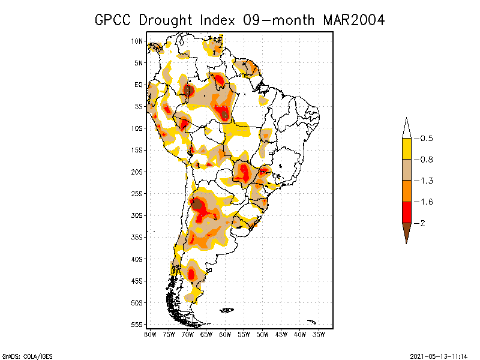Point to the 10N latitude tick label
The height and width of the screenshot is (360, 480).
[x=137, y=41]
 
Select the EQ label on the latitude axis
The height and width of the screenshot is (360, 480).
[x=138, y=85]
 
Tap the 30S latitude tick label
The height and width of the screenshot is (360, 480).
[x=137, y=215]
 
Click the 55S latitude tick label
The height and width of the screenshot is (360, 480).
[x=137, y=325]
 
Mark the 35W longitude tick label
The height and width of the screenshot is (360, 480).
[x=319, y=334]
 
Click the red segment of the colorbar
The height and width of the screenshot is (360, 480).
[x=406, y=212]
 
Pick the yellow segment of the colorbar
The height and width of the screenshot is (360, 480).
[x=406, y=149]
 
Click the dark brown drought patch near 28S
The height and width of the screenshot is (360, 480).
[x=196, y=203]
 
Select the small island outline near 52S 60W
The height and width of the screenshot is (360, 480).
[x=227, y=310]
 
